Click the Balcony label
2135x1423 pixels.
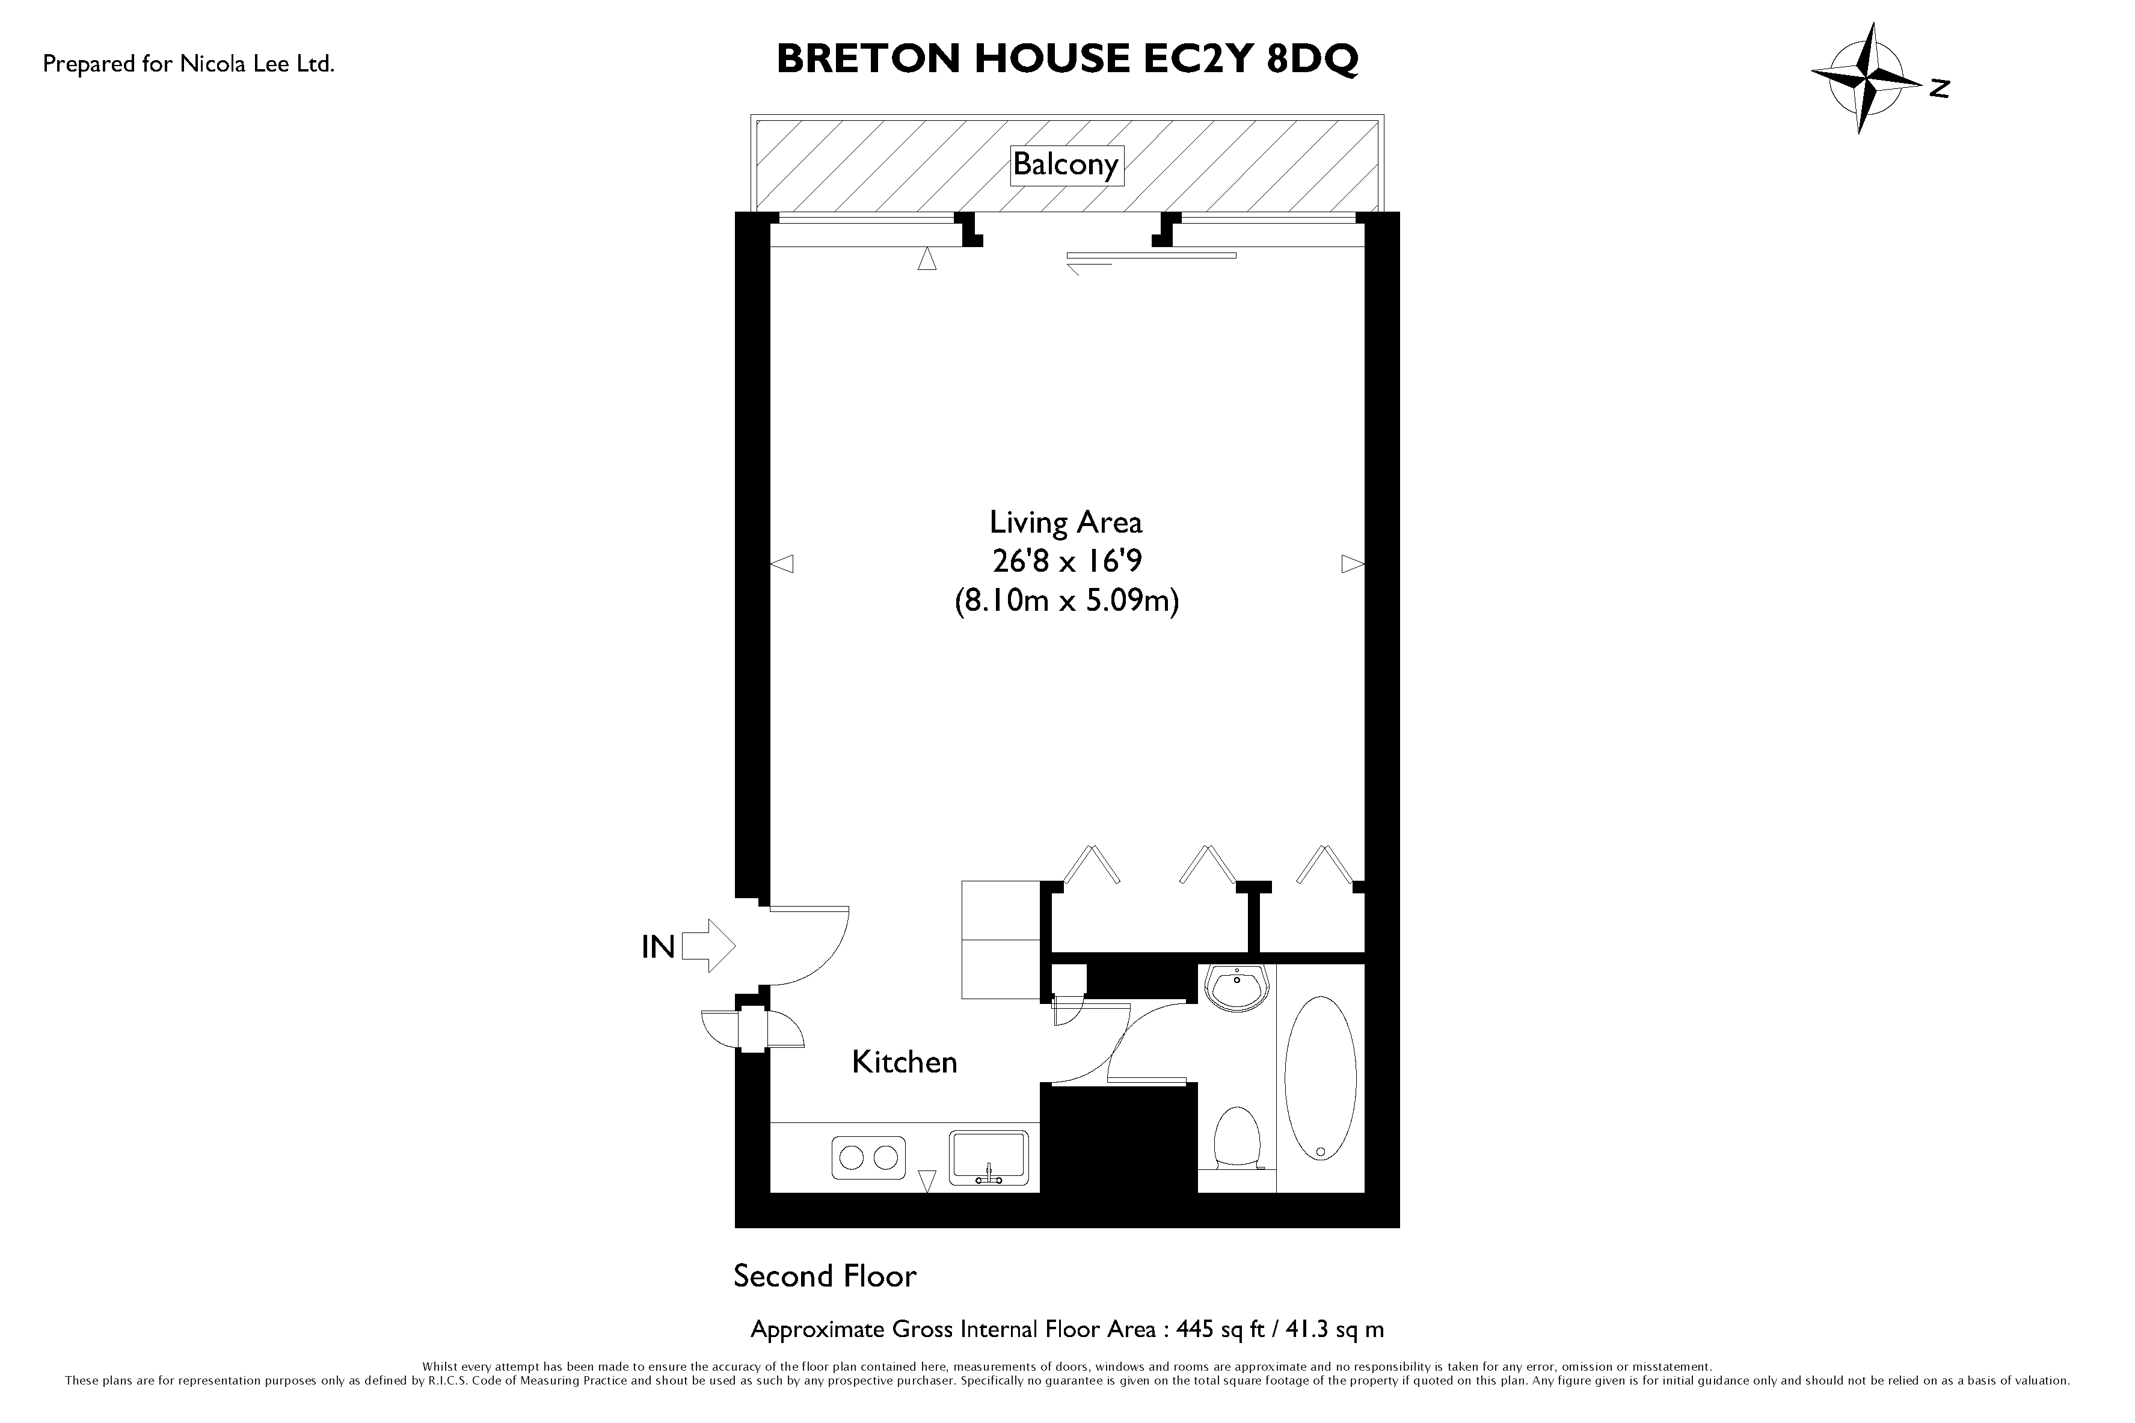pos(1066,165)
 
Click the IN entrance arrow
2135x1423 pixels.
pos(708,946)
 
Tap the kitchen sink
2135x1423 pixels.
pos(989,1158)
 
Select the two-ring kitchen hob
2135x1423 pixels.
pos(868,1158)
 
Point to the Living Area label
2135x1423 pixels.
pos(1066,523)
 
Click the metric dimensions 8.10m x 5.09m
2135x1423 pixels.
pos(1066,602)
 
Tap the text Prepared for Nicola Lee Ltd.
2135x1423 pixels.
pos(189,64)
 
